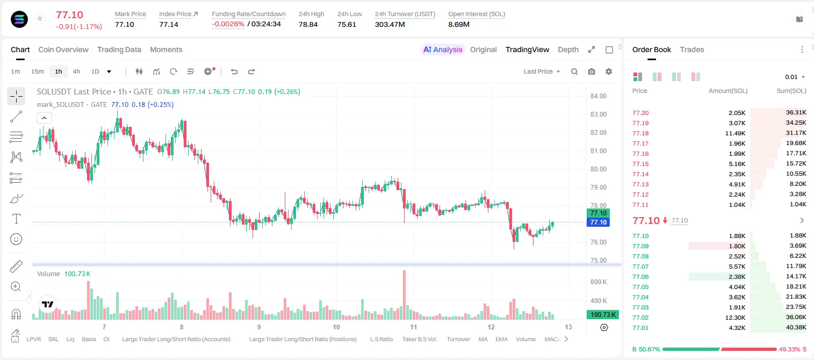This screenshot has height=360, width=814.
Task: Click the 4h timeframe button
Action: (x=76, y=71)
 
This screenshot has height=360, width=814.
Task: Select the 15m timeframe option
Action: (x=38, y=71)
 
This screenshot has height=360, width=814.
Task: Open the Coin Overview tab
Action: (x=63, y=49)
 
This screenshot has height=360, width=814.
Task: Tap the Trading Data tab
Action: (x=119, y=49)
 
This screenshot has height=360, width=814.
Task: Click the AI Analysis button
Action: (x=443, y=49)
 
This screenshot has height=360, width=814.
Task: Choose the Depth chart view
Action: (x=568, y=49)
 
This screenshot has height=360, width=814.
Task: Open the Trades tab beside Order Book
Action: (x=692, y=49)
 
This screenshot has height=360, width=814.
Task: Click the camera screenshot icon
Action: (x=592, y=71)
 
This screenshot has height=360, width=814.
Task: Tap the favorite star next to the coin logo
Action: (x=40, y=18)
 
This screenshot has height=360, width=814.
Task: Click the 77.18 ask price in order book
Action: (x=640, y=133)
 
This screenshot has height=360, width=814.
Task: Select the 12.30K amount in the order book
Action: (x=735, y=318)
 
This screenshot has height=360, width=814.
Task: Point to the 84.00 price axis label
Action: (x=599, y=96)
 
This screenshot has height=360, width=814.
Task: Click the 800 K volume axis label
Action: (x=599, y=282)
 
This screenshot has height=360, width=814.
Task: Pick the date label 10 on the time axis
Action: (x=336, y=327)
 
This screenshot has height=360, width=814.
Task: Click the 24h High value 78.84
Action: (x=308, y=24)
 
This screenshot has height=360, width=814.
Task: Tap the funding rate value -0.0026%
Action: (x=228, y=24)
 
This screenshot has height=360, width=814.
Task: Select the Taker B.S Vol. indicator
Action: (x=419, y=339)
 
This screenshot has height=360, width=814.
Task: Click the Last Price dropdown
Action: (x=542, y=71)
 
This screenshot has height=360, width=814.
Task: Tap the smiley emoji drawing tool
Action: (x=16, y=239)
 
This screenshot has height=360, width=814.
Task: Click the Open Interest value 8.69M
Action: (x=459, y=24)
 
